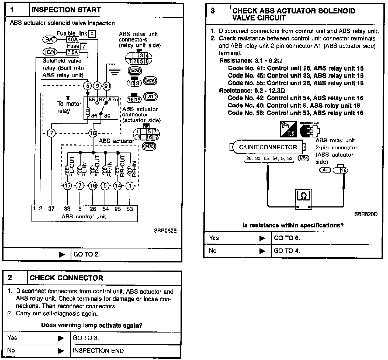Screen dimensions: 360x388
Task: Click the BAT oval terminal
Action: (x=50, y=40)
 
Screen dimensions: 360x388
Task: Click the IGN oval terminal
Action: (x=50, y=52)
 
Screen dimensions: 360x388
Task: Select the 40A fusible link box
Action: (x=72, y=40)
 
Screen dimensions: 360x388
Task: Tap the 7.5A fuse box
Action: (x=72, y=52)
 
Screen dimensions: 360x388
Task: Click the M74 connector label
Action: (x=135, y=71)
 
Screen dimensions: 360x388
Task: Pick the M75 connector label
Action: (x=149, y=146)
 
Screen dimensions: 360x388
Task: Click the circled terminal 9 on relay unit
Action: (x=97, y=86)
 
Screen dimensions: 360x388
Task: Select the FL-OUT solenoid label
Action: (x=72, y=166)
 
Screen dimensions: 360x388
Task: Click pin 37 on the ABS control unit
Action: (x=51, y=209)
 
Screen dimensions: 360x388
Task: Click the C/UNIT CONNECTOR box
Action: (x=268, y=147)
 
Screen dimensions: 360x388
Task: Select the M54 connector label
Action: (x=303, y=158)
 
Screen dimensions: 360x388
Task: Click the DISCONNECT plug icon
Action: (x=310, y=130)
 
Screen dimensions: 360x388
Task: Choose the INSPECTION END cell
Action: (x=98, y=351)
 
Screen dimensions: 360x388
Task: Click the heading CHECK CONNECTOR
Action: (x=66, y=278)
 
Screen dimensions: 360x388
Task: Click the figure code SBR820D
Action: (x=366, y=214)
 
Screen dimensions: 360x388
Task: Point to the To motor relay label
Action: (x=69, y=107)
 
